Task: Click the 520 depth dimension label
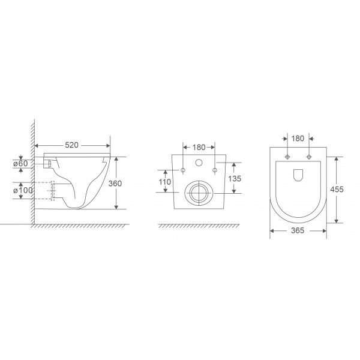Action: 73,145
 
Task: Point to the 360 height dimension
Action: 122,184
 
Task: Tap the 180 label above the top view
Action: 298,139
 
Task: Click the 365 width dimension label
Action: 298,230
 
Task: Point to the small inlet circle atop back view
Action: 199,164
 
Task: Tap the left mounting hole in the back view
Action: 183,170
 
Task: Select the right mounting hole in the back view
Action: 214,170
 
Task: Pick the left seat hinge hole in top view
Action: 288,158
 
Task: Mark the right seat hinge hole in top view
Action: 308,158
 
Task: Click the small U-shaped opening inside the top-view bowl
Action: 298,174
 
